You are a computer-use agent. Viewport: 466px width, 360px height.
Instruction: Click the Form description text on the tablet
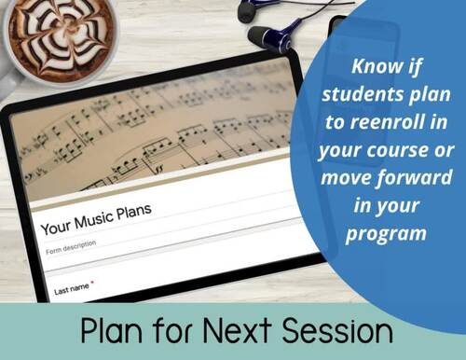[x=70, y=246]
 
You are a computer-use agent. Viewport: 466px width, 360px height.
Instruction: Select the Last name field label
[x=71, y=288]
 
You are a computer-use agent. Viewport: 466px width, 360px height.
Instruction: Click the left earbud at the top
[x=248, y=10]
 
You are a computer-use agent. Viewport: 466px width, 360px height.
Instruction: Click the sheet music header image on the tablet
[x=158, y=140]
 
